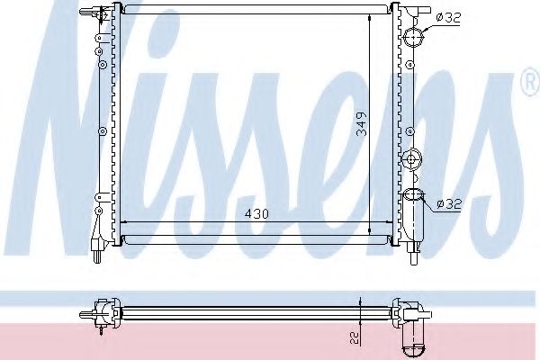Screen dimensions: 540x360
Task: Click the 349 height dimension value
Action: [361, 124]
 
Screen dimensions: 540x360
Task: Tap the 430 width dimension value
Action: [256, 214]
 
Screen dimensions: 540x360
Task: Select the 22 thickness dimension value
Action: [355, 337]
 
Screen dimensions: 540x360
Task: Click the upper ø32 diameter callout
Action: [448, 18]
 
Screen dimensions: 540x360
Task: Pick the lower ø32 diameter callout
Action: [449, 204]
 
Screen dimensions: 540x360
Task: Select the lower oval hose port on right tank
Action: [413, 194]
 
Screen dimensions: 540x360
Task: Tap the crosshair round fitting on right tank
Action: [412, 159]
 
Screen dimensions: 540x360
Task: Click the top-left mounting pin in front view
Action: [89, 13]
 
